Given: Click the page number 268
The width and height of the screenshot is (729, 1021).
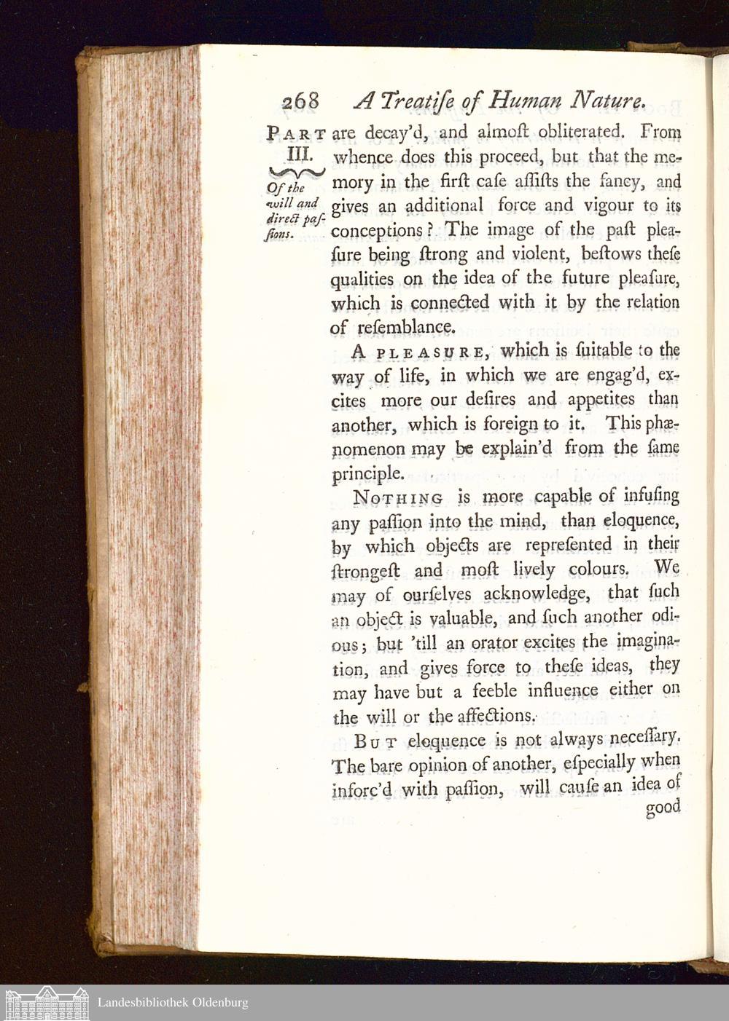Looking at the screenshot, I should click(300, 101).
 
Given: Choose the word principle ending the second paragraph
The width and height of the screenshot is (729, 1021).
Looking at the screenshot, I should click(368, 474).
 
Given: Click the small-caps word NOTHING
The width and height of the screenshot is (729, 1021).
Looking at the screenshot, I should click(398, 499).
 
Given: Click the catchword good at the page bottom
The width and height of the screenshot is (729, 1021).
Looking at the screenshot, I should click(663, 808).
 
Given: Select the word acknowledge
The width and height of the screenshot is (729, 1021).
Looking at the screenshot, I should click(536, 594).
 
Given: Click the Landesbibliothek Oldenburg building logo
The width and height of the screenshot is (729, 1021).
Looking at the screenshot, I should click(46, 1003).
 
